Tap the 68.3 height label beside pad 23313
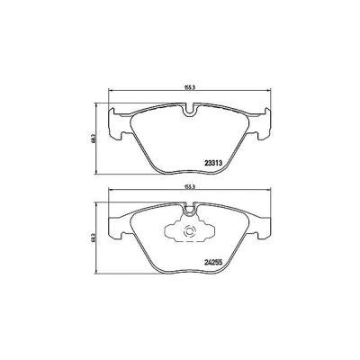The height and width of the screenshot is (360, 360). pos(94,139)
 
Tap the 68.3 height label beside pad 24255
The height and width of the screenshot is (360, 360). pos(94,238)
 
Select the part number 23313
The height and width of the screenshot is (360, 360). pos(213,163)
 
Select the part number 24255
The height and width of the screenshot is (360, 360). pos(213,263)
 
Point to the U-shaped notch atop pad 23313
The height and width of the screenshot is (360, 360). pos(189,110)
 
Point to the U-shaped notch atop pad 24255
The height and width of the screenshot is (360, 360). pos(189,210)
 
